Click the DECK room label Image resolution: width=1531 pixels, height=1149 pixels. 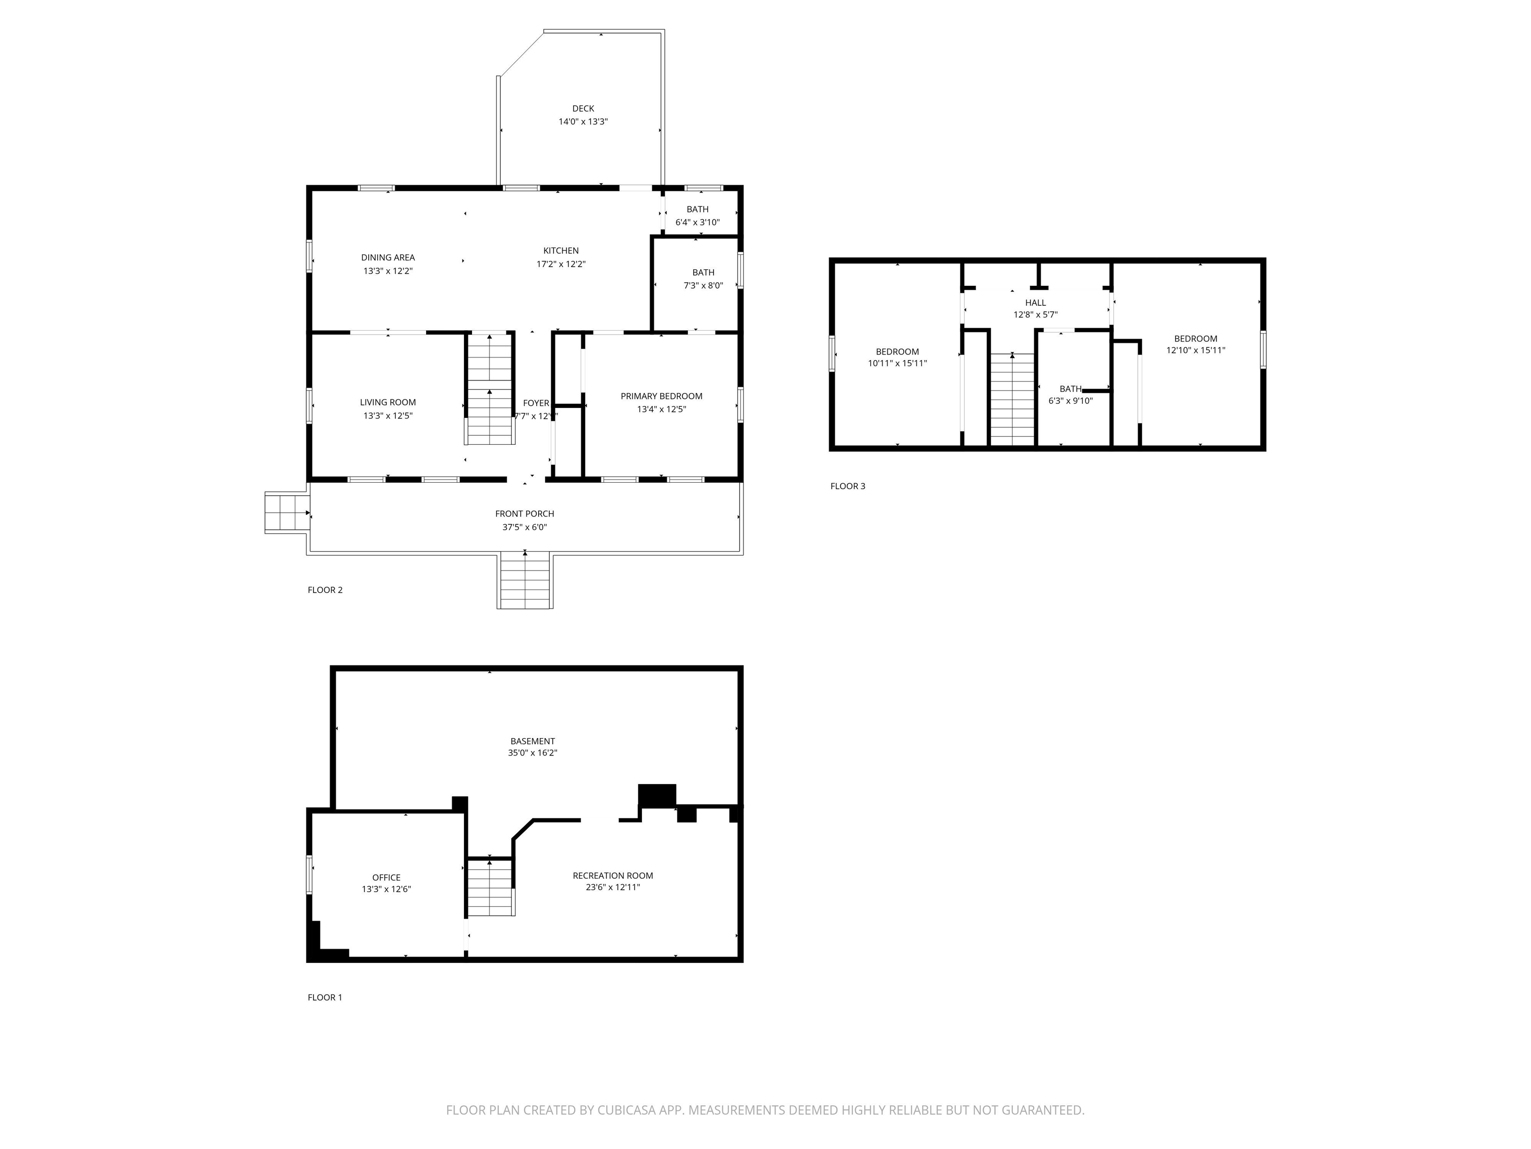(583, 109)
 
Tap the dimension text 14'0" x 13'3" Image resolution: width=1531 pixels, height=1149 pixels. (583, 122)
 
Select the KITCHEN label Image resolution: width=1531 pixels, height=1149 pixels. (561, 251)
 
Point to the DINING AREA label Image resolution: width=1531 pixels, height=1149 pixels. (388, 258)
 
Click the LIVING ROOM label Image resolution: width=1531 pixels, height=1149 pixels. (388, 402)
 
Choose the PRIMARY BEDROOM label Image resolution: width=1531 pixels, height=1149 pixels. (661, 396)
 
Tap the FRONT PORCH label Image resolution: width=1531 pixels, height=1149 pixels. (525, 514)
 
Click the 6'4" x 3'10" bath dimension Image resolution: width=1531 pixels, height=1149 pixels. (698, 222)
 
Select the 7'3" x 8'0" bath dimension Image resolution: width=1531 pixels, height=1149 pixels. (703, 285)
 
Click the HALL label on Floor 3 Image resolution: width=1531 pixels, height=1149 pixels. (1036, 303)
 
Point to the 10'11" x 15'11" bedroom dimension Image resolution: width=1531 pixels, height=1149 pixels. (897, 364)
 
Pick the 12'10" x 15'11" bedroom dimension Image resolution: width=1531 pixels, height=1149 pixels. (1195, 351)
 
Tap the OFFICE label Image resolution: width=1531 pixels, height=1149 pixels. (386, 878)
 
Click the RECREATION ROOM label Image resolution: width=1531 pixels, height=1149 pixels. (612, 875)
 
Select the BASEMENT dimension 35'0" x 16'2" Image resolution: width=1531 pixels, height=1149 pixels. (532, 753)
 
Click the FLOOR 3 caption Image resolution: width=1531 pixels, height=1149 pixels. (848, 486)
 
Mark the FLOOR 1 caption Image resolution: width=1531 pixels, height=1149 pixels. (324, 997)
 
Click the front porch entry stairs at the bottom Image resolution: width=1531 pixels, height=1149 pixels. (525, 580)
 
